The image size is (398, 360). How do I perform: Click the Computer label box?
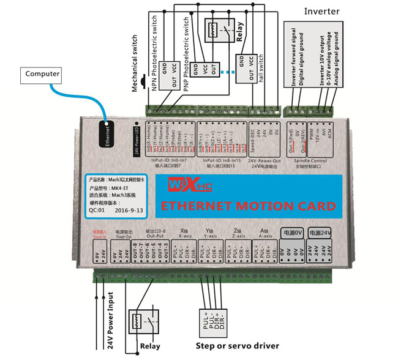click(x=42, y=74)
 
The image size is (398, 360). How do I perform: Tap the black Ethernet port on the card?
click(x=108, y=132)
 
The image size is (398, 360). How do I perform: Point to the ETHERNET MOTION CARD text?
click(x=247, y=206)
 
